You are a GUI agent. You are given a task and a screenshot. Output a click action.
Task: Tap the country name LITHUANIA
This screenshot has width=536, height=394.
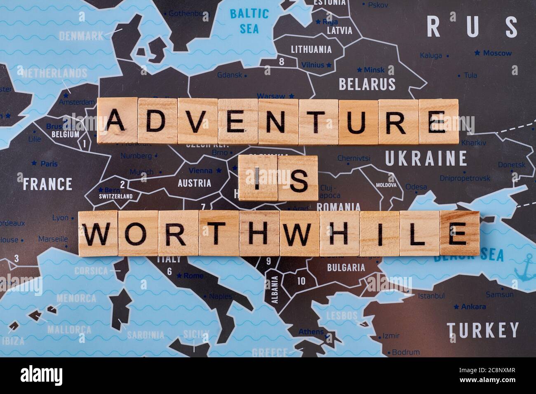[x=311, y=49]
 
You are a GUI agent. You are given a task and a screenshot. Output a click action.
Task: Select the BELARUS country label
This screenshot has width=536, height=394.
[x=367, y=84]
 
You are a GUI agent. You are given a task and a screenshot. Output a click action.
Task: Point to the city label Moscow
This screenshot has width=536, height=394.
[x=497, y=53]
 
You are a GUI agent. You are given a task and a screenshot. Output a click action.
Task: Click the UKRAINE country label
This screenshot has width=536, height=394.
[x=426, y=158]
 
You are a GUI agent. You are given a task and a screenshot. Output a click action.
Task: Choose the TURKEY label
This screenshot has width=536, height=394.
[x=482, y=330]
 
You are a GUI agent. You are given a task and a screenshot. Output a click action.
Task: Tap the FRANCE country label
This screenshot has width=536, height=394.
[x=47, y=184]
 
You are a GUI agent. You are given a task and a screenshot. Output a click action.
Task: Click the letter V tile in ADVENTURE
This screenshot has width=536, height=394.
[x=197, y=121]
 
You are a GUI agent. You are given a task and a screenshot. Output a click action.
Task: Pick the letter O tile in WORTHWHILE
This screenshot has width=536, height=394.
[x=137, y=233]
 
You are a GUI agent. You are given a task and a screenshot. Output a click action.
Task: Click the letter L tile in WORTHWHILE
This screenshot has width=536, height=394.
[x=419, y=233]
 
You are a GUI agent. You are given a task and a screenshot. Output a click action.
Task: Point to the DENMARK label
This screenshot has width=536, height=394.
[x=82, y=36]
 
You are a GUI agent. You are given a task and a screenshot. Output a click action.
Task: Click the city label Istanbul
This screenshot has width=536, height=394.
[x=431, y=296]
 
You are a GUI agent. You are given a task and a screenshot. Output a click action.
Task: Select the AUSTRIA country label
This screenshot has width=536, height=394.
[x=194, y=183]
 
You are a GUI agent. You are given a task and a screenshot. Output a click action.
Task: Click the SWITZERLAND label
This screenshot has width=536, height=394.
[x=115, y=196]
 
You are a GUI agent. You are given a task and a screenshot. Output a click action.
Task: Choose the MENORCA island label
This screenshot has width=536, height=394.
[x=76, y=298]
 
